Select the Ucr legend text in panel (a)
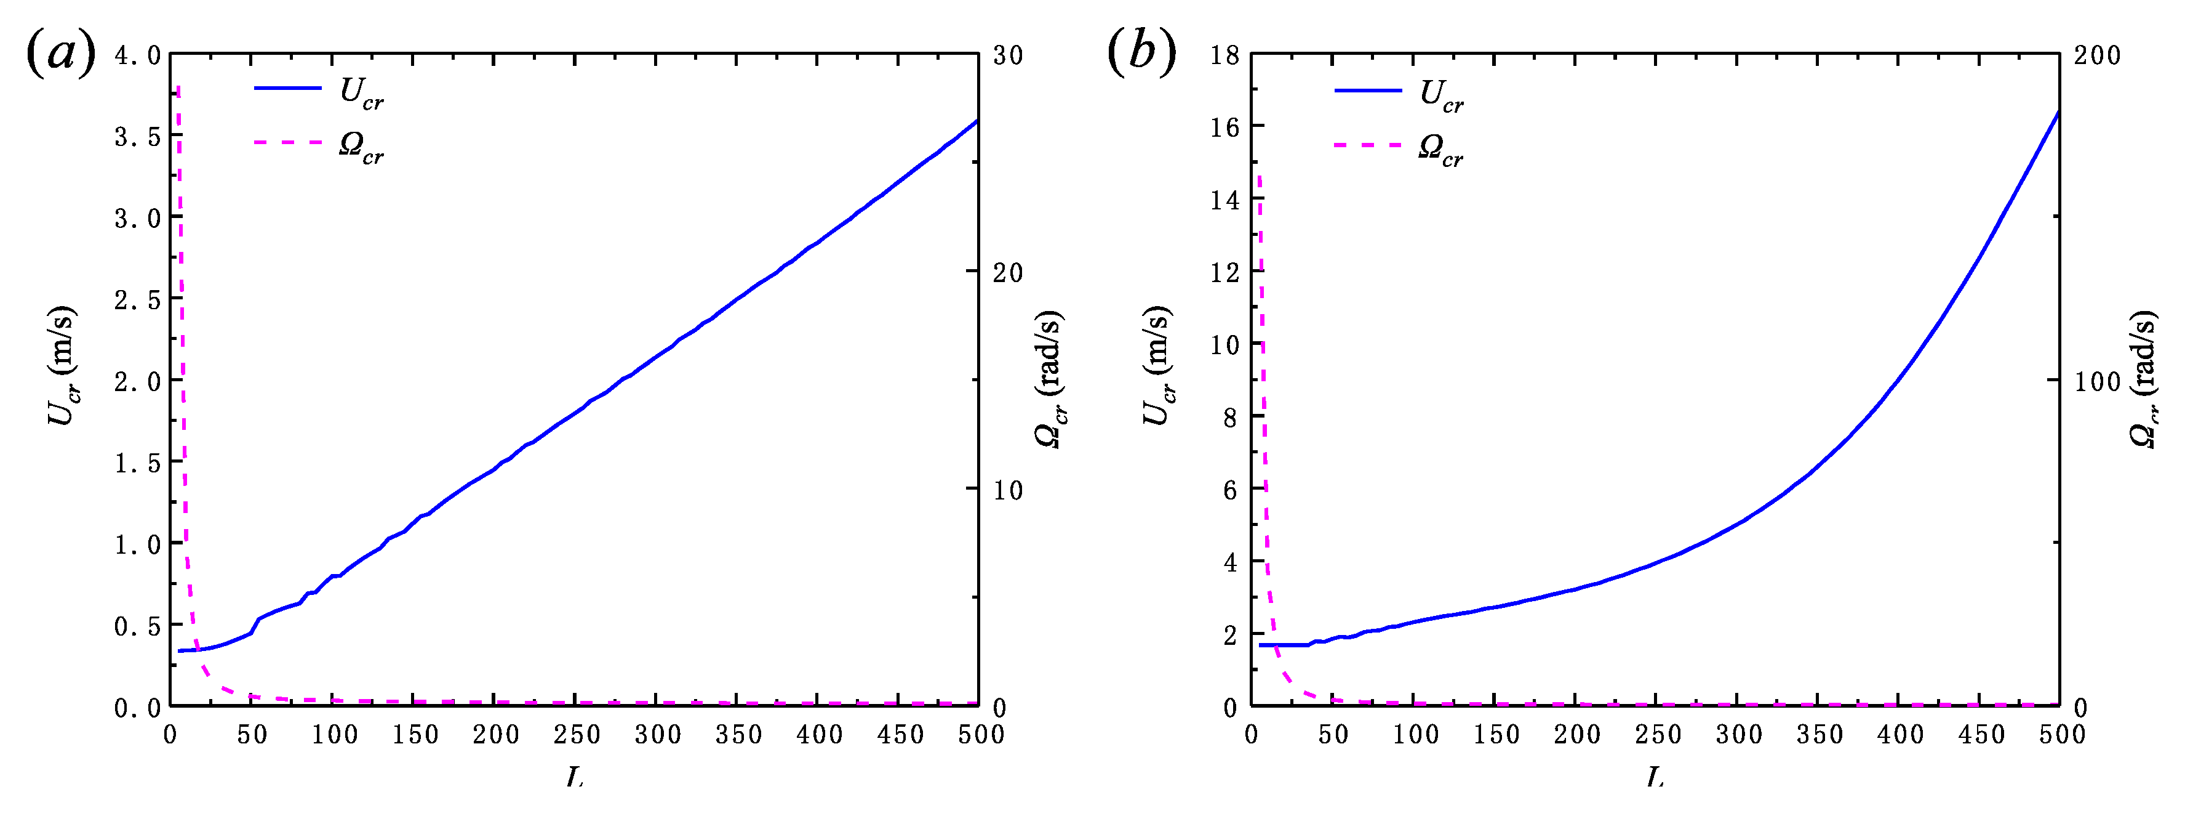[361, 94]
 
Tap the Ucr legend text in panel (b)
[1441, 96]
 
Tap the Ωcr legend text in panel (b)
[1440, 150]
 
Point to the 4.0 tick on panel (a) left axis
[137, 56]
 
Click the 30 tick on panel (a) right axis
[1008, 56]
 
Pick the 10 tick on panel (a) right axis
[1008, 490]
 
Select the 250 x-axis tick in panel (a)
[576, 735]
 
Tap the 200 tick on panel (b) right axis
[2097, 56]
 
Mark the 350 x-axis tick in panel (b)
[1820, 735]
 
